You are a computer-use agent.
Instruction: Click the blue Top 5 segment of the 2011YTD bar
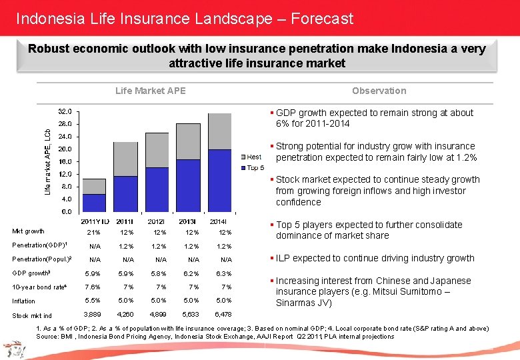[94, 203]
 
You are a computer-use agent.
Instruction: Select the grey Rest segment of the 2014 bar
[219, 131]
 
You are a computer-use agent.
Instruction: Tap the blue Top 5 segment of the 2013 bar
[189, 185]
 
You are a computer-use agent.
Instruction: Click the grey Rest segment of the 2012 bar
[157, 150]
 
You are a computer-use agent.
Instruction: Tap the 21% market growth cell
[94, 232]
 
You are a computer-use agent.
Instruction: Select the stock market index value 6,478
[225, 315]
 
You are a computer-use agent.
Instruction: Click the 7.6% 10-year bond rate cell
[94, 287]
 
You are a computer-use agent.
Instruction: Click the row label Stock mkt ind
[32, 315]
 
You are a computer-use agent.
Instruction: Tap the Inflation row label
[24, 301]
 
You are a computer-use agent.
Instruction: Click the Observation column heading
[379, 91]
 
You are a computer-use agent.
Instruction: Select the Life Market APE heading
[151, 91]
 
